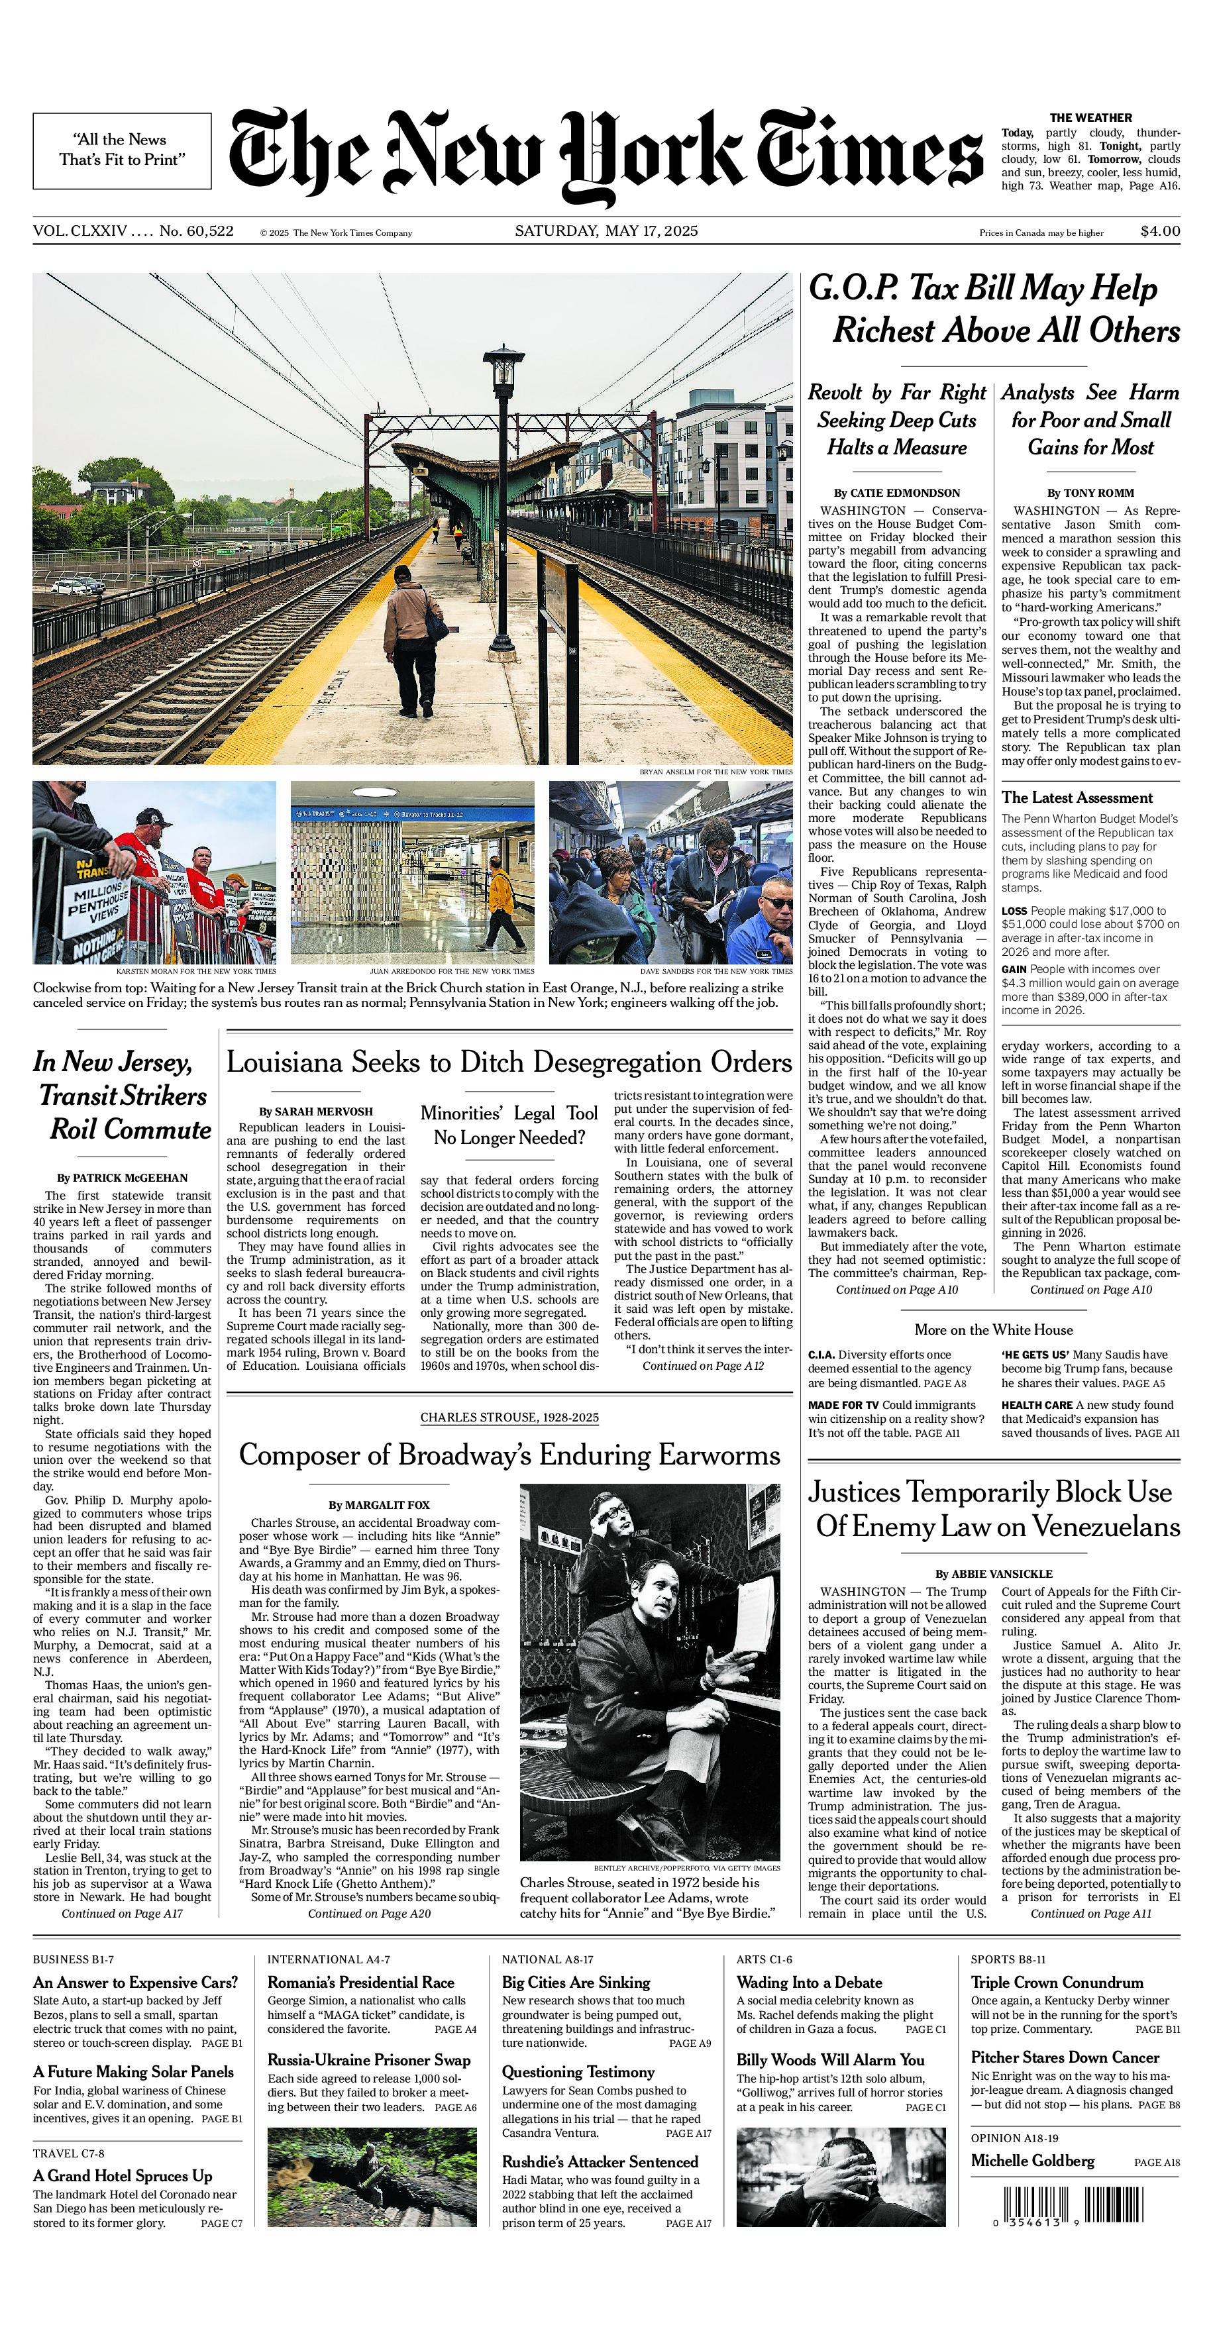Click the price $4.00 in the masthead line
[x=1160, y=231]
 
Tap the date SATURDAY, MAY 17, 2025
[x=606, y=231]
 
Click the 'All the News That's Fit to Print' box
[x=122, y=150]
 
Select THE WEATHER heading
[x=1090, y=117]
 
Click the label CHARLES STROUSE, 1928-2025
[x=509, y=1418]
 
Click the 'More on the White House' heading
[x=994, y=1329]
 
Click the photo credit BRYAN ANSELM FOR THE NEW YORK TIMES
[x=715, y=772]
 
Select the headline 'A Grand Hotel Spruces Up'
[x=123, y=2176]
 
